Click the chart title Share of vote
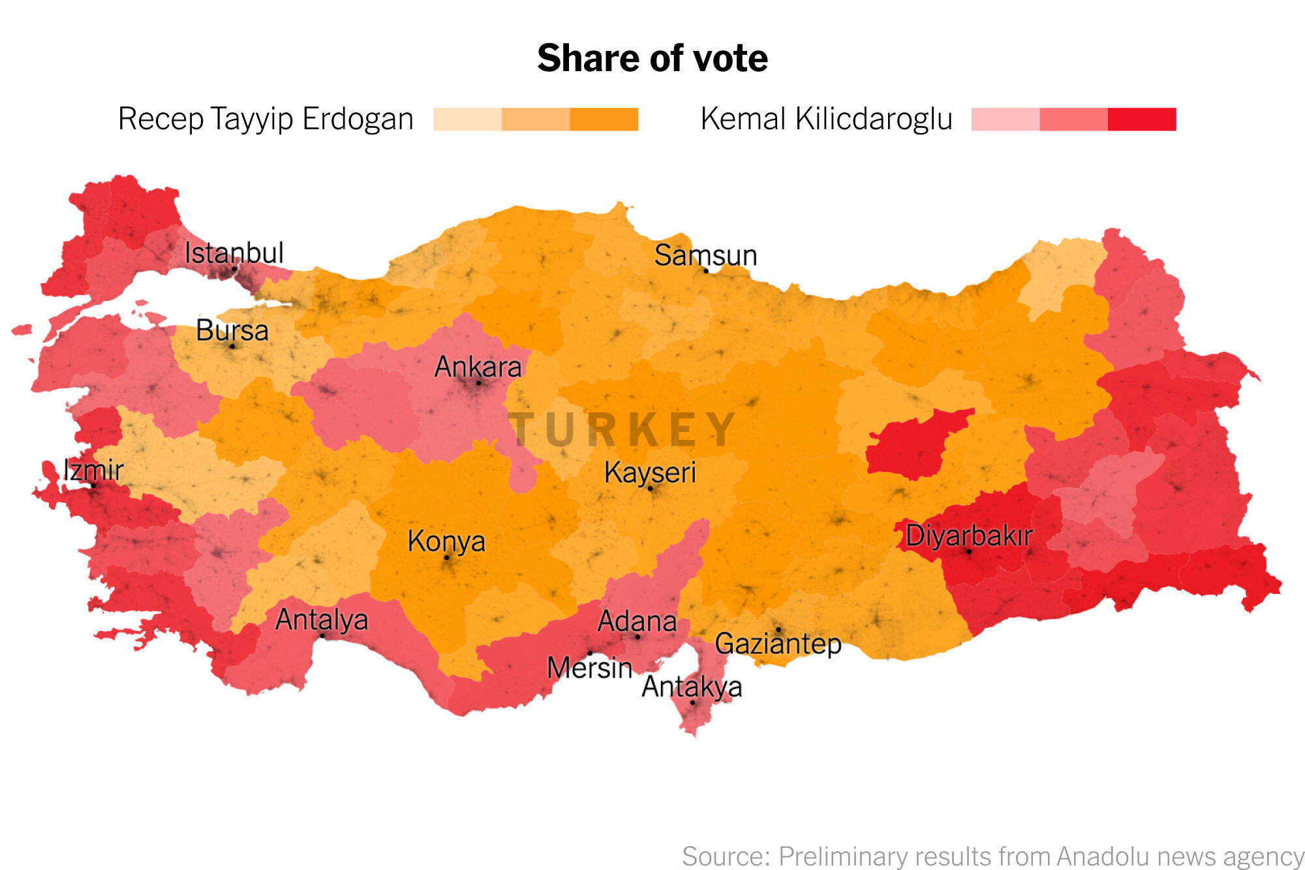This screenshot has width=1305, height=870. pos(652,58)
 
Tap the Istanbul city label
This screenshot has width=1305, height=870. pos(234,253)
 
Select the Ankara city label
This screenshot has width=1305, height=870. pos(478,367)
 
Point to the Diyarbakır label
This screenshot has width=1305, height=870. pos(969,536)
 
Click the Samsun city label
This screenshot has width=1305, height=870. pos(705,255)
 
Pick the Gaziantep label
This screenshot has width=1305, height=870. pos(778,644)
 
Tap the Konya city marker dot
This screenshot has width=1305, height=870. pos(446,557)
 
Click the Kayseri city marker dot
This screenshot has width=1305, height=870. pos(650,488)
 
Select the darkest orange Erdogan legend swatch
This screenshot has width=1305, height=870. pos(604,119)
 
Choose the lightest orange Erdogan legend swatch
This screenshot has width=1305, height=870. pos(467,119)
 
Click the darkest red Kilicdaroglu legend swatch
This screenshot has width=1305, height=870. pos(1141,119)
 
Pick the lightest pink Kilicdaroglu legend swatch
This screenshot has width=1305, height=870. pos(1005,119)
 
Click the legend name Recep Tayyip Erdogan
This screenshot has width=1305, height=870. pos(266,119)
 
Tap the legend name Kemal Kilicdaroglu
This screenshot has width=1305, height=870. pos(826,119)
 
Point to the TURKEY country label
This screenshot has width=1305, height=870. pos(622,430)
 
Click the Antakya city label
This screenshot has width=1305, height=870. pos(692,687)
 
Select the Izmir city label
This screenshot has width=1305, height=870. pos(93,470)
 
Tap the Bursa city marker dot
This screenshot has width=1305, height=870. pos(232,346)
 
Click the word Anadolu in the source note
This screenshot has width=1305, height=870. pos(1104,856)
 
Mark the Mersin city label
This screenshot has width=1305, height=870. pos(589,668)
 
